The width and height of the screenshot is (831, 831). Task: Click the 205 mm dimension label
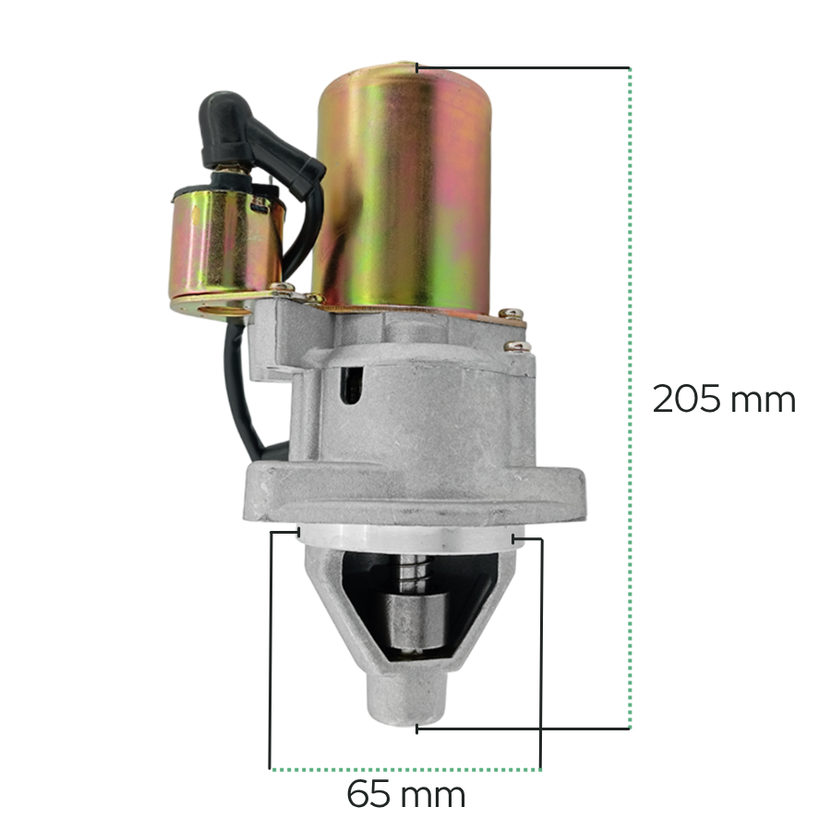coord(723,399)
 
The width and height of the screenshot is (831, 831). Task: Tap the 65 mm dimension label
coord(406,794)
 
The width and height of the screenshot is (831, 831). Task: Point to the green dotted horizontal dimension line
coord(405,769)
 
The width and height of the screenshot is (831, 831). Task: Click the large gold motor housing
coord(402,188)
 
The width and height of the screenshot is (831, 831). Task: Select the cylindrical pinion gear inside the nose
coord(415,621)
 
